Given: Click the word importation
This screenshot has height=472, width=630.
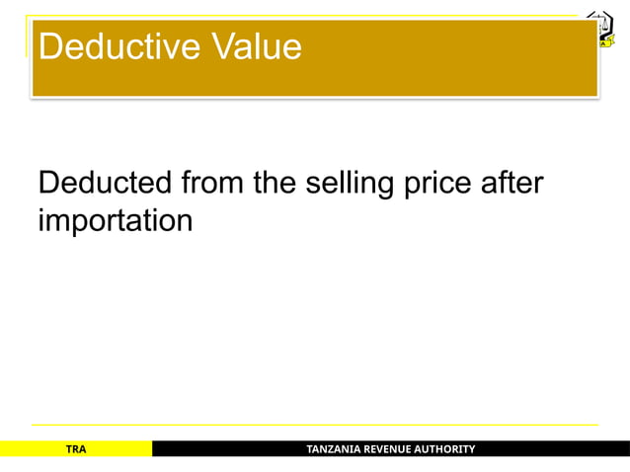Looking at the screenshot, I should pyautogui.click(x=115, y=221).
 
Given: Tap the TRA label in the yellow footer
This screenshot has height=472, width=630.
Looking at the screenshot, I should pyautogui.click(x=76, y=449).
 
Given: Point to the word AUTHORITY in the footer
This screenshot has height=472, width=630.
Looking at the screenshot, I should pyautogui.click(x=448, y=449).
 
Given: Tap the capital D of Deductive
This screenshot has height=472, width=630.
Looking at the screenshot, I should pyautogui.click(x=49, y=47).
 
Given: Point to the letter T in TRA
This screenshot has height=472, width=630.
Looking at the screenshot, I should pyautogui.click(x=68, y=449).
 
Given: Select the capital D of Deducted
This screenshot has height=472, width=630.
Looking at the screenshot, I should pyautogui.click(x=47, y=185).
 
